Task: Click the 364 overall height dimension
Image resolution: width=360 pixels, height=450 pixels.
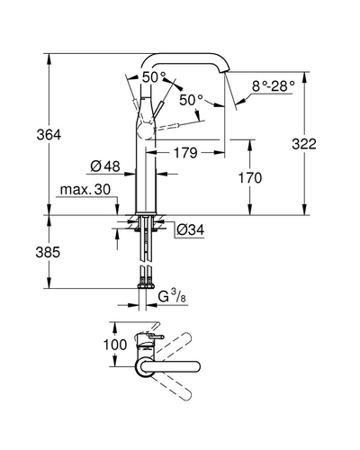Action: tap(49, 135)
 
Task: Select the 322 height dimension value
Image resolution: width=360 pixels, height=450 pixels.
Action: tap(304, 144)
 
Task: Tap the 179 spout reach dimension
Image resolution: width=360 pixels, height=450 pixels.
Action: tap(185, 153)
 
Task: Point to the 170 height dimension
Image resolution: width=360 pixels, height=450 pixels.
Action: tap(250, 177)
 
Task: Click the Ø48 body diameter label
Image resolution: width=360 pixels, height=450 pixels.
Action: tap(105, 166)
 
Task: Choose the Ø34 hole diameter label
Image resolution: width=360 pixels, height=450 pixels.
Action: tap(190, 229)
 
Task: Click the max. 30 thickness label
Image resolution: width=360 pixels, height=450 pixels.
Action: tap(85, 190)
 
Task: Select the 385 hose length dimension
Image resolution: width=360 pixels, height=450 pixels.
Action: tap(48, 252)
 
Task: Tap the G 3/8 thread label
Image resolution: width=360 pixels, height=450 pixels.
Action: tap(172, 296)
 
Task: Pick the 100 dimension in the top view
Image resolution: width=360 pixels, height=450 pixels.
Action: tap(115, 345)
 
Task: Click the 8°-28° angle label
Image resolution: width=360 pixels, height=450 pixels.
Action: tap(273, 86)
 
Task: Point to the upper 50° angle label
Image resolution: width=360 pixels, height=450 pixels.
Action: tap(154, 77)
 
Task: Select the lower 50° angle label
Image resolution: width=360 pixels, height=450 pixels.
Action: tap(192, 100)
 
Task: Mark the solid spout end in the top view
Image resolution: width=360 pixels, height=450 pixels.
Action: tap(196, 366)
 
